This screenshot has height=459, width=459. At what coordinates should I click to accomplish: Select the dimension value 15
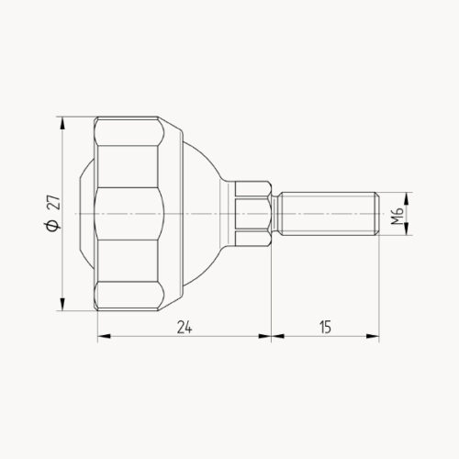tap(325, 327)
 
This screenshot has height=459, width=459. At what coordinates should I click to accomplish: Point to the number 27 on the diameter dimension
tap(52, 202)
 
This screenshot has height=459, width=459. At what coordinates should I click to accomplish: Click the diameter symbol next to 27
tap(52, 226)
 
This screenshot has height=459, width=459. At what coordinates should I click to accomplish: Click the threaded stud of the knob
tap(325, 214)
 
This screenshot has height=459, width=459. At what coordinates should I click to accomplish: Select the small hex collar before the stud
tap(253, 214)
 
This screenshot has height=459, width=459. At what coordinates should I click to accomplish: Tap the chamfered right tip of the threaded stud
tap(375, 214)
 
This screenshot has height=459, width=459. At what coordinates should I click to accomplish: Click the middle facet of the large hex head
tap(129, 214)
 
